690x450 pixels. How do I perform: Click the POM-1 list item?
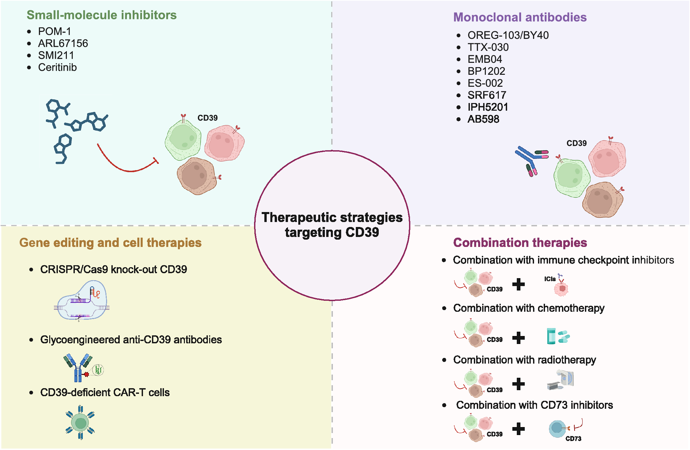pos(54,32)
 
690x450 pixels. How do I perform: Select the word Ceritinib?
pos(57,67)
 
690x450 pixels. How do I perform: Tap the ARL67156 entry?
pos(63,44)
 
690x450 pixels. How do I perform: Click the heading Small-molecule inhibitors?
pos(101,15)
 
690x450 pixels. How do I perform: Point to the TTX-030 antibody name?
pos(488,47)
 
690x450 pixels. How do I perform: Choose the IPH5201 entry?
pos(488,107)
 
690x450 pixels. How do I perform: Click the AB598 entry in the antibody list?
pos(483,119)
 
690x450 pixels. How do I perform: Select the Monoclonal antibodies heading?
pos(520,17)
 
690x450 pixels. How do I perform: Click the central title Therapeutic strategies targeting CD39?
pos(332,225)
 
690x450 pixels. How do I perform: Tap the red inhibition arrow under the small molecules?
pos(126,163)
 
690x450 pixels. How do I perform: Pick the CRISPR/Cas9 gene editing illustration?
pos(82,301)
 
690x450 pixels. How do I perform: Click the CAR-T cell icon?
pos(80,423)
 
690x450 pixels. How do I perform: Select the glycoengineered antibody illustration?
pos(83,368)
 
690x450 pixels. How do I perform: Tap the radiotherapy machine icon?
pos(561,380)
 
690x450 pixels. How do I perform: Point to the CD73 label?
pos(573,439)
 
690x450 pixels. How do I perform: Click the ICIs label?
pos(550,279)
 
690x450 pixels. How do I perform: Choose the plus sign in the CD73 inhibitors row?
pos(518,429)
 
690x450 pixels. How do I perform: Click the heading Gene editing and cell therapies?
pos(110,243)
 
